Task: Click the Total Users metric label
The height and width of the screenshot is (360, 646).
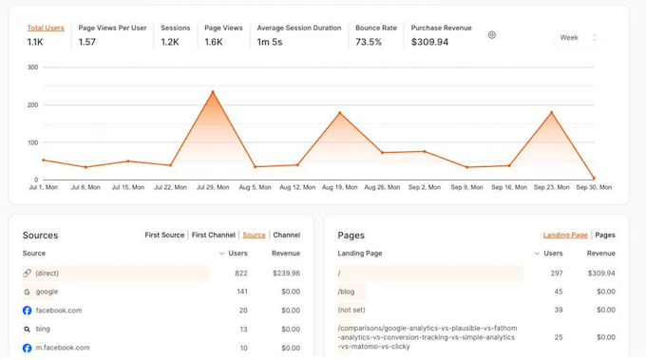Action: pos(46,28)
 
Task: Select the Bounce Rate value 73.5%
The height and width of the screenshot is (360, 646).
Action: pos(369,43)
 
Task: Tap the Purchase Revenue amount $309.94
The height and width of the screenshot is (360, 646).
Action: pos(429,43)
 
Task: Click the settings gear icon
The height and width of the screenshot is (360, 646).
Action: pos(491,35)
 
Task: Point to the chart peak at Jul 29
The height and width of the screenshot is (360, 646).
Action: pos(212,92)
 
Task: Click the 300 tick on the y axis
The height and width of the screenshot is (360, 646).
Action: pos(32,67)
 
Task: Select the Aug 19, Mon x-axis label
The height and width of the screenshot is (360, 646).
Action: pos(339,187)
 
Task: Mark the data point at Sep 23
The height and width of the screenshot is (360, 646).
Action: pos(551,112)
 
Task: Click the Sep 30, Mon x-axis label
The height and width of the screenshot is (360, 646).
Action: pos(595,187)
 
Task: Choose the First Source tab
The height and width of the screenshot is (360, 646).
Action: pos(164,235)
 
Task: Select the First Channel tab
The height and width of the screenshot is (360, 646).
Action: pos(213,235)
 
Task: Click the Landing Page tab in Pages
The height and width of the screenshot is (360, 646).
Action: pos(565,235)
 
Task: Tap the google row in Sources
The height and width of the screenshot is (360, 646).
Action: pos(47,292)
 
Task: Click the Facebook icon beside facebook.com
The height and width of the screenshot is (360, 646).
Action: pos(28,311)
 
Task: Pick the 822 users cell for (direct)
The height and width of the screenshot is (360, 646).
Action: pos(240,273)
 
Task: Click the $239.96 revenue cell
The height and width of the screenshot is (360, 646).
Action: pos(285,273)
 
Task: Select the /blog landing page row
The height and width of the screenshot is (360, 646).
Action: pos(347,292)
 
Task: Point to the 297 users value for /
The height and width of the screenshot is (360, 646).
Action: pos(556,273)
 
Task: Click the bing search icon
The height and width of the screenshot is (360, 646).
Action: pos(28,330)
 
